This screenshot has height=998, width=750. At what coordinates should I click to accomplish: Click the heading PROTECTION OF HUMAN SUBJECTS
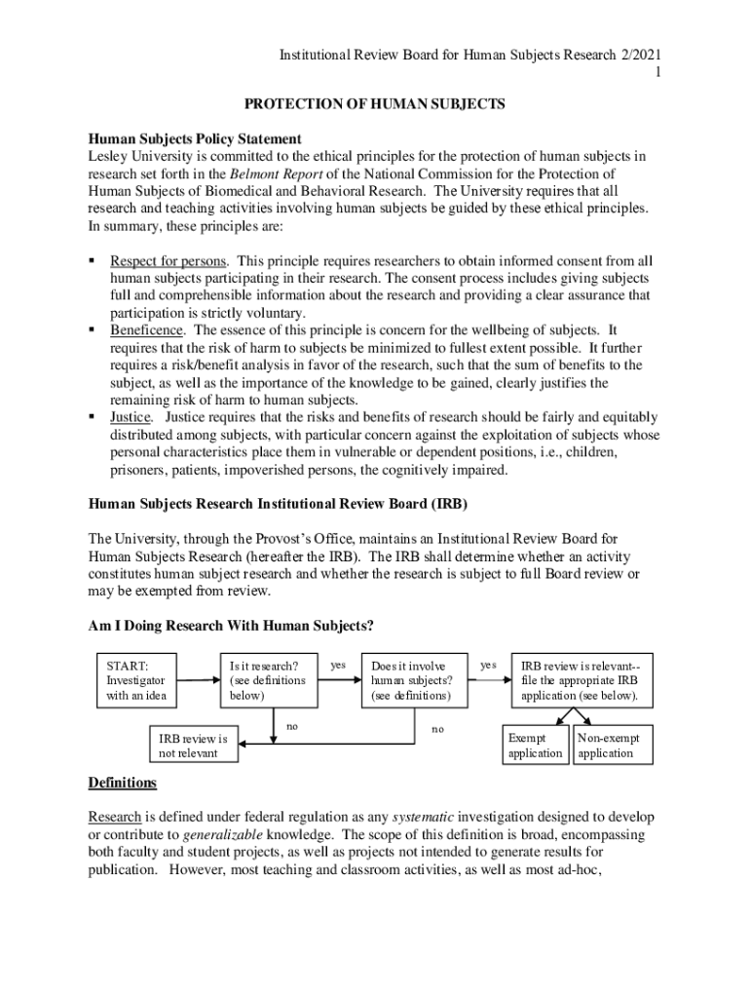(374, 104)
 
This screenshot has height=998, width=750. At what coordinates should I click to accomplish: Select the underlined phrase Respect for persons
(169, 261)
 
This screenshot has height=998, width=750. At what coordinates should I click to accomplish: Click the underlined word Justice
(129, 417)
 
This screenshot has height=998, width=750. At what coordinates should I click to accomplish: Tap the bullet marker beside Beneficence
(93, 330)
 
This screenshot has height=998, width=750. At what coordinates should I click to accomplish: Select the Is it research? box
(269, 680)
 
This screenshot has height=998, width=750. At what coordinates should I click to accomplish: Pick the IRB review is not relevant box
(194, 747)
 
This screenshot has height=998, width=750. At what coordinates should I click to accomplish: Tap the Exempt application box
(535, 746)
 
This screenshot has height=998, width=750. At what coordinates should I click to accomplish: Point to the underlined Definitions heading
(122, 783)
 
